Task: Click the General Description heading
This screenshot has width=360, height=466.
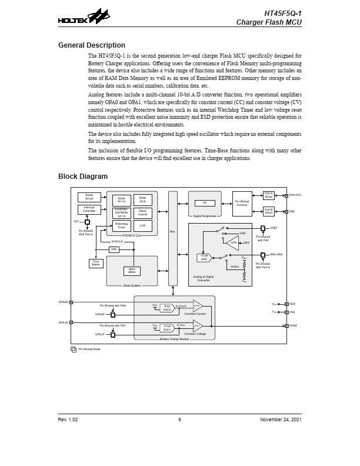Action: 91,45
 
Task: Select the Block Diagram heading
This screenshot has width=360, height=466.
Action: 83,177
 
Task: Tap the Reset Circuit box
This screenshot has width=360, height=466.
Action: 89,197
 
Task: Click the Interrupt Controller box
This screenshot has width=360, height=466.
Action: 89,209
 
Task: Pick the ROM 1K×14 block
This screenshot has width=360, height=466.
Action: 121,200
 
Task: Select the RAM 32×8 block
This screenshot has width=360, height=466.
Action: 142,200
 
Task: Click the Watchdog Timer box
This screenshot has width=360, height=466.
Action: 121,225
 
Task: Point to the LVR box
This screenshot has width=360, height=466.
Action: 142,225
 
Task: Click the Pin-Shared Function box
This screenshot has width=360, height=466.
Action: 242,203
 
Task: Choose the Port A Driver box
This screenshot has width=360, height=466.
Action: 269,195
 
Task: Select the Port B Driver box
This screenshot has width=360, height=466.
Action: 269,211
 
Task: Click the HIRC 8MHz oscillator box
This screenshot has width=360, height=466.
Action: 132,271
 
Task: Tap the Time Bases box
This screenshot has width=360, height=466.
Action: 96,263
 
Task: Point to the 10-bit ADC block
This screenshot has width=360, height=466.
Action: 204,258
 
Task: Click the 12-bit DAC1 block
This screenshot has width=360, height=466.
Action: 167,328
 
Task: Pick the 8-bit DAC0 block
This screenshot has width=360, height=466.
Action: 167,308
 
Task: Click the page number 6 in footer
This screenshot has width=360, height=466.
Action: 180,420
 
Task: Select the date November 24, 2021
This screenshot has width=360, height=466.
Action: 281,420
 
